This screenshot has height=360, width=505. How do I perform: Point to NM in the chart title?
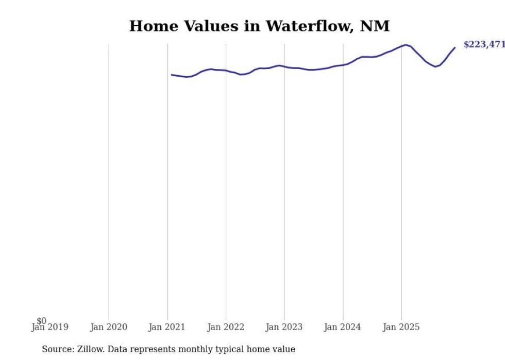(376, 26)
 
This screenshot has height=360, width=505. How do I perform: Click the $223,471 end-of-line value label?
(484, 45)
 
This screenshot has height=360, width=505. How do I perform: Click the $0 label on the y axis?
(41, 321)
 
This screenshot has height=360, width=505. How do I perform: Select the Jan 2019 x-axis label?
(50, 327)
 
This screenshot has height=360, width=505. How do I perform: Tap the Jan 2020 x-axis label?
(109, 327)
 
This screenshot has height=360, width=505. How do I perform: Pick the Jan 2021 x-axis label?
(167, 327)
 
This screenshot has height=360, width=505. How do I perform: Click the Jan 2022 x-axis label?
(226, 327)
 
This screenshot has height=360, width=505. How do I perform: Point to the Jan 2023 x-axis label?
(284, 327)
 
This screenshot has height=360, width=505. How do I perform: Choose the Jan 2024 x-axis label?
(343, 327)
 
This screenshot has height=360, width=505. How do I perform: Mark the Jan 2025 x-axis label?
(401, 327)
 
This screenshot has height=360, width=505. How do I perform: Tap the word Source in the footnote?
(58, 349)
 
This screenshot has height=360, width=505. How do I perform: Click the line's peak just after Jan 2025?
(406, 45)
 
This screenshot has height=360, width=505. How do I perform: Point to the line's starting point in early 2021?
(172, 75)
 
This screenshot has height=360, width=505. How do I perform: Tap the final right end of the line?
(455, 47)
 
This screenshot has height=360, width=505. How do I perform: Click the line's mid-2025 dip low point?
(435, 66)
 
